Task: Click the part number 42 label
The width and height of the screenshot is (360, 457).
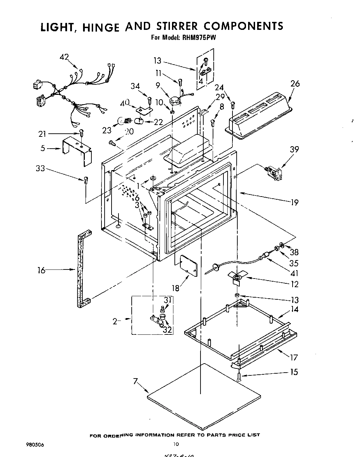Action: [64, 57]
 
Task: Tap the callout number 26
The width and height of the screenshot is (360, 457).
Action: [295, 84]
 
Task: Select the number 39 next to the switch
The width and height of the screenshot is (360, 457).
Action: [294, 149]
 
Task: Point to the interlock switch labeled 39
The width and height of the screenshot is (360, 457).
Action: [273, 173]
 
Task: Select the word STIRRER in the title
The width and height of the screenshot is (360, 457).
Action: [175, 26]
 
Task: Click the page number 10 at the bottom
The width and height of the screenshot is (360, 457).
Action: [176, 443]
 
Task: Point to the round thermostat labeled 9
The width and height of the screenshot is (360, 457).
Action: [175, 100]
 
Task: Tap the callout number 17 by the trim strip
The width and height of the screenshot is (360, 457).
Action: [294, 357]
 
